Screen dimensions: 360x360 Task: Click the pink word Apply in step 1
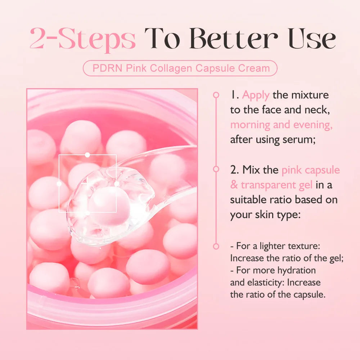256,95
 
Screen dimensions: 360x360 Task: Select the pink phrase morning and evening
281,125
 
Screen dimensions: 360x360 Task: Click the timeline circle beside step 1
216,95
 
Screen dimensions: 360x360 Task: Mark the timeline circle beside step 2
216,169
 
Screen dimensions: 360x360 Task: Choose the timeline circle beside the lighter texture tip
216,247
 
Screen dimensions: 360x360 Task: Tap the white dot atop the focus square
87,155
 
